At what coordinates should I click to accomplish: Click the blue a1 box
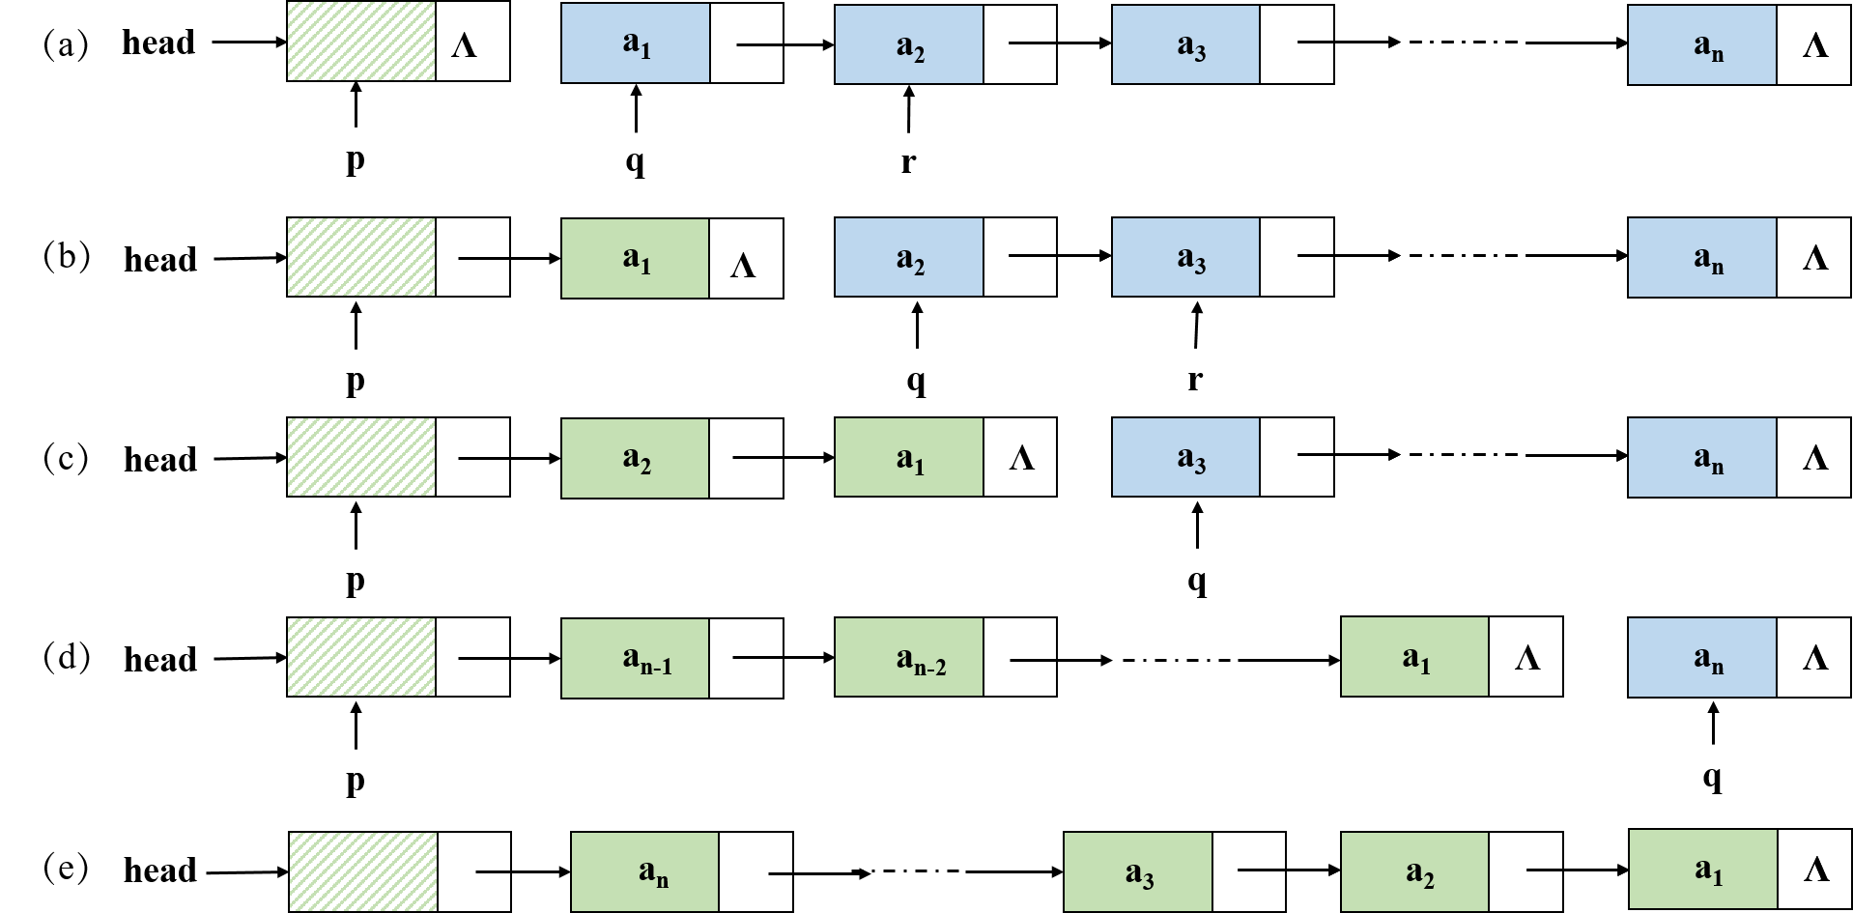pyautogui.click(x=635, y=43)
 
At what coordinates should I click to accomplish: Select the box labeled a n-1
pyautogui.click(x=635, y=658)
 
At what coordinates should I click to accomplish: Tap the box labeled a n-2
pyautogui.click(x=908, y=657)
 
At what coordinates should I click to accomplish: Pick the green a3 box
pyautogui.click(x=1137, y=871)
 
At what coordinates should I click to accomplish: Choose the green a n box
pyautogui.click(x=644, y=871)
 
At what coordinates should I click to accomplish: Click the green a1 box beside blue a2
pyautogui.click(x=635, y=259)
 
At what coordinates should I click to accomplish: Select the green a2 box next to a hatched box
pyautogui.click(x=635, y=458)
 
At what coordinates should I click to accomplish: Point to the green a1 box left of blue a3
pyautogui.click(x=908, y=457)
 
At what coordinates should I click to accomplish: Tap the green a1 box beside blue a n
pyautogui.click(x=1414, y=657)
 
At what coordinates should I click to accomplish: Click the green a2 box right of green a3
pyautogui.click(x=1414, y=871)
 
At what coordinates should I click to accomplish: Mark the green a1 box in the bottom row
pyautogui.click(x=1702, y=869)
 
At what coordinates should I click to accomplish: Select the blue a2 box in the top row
pyautogui.click(x=908, y=44)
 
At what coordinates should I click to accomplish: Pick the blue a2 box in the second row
pyautogui.click(x=908, y=257)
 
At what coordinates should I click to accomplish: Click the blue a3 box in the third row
pyautogui.click(x=1185, y=457)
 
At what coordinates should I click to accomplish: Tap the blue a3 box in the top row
pyautogui.click(x=1185, y=44)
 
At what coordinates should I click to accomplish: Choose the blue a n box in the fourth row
pyautogui.click(x=1701, y=657)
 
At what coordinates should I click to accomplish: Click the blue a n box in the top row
pyautogui.click(x=1701, y=45)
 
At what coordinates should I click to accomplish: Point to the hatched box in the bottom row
pyautogui.click(x=362, y=871)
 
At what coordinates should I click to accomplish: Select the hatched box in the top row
pyautogui.click(x=360, y=42)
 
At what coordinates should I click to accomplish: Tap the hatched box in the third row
pyautogui.click(x=360, y=457)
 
